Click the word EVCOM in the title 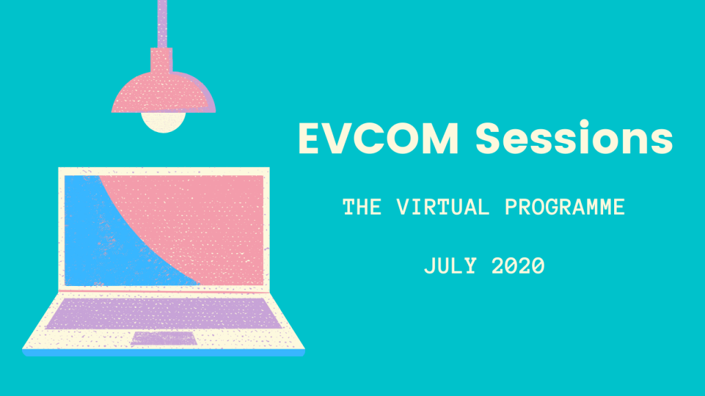click(x=378, y=138)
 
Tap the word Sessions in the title click(x=574, y=137)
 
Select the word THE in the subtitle click(x=362, y=207)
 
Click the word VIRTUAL click(x=443, y=207)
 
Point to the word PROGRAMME click(x=565, y=207)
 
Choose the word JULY click(x=450, y=266)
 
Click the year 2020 click(x=518, y=266)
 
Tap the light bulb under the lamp click(x=164, y=122)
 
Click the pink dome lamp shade click(x=164, y=92)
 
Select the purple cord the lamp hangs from click(x=162, y=24)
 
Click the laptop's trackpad click(x=164, y=339)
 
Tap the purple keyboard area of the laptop click(x=164, y=313)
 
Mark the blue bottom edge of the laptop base click(x=164, y=353)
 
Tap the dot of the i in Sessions click(x=585, y=124)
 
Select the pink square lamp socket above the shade click(x=161, y=60)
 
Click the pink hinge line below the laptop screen click(x=164, y=291)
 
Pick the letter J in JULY click(x=430, y=266)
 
